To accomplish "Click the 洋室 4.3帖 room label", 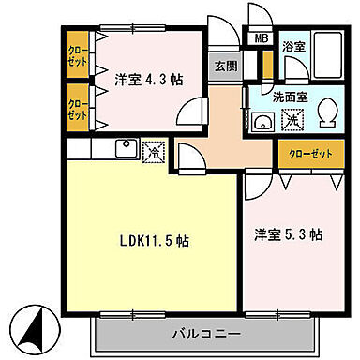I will [x=147, y=79].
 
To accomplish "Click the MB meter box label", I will [x=260, y=40].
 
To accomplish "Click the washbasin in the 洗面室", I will [x=261, y=120].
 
